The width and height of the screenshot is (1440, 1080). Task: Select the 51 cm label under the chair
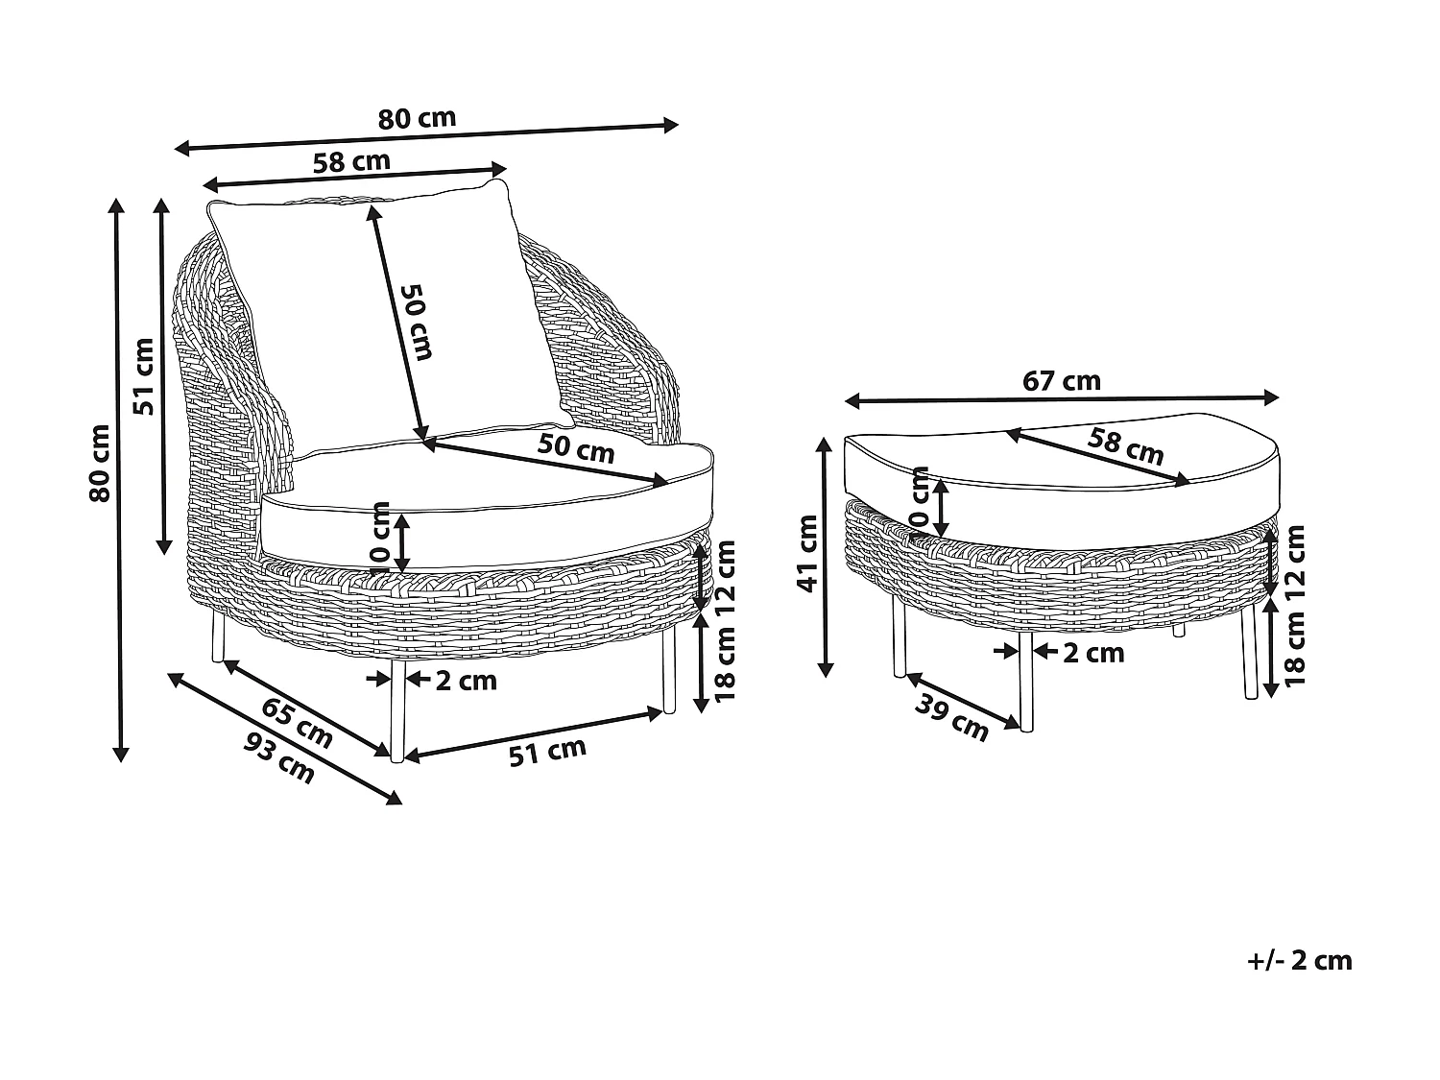tap(546, 752)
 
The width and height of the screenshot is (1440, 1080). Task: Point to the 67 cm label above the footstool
tap(1061, 381)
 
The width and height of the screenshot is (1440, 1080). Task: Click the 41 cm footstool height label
tap(807, 554)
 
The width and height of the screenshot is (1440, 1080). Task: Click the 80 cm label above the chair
tap(417, 119)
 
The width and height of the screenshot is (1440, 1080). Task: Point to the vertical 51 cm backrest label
tap(144, 376)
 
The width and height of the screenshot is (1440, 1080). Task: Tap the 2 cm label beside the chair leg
tap(467, 681)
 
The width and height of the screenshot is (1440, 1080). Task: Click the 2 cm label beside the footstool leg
tap(1093, 653)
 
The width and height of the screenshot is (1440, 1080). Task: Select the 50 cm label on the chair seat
tap(575, 447)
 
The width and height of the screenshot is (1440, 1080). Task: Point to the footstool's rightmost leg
tap(1249, 653)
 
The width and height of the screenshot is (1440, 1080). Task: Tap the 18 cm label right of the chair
tap(726, 662)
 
